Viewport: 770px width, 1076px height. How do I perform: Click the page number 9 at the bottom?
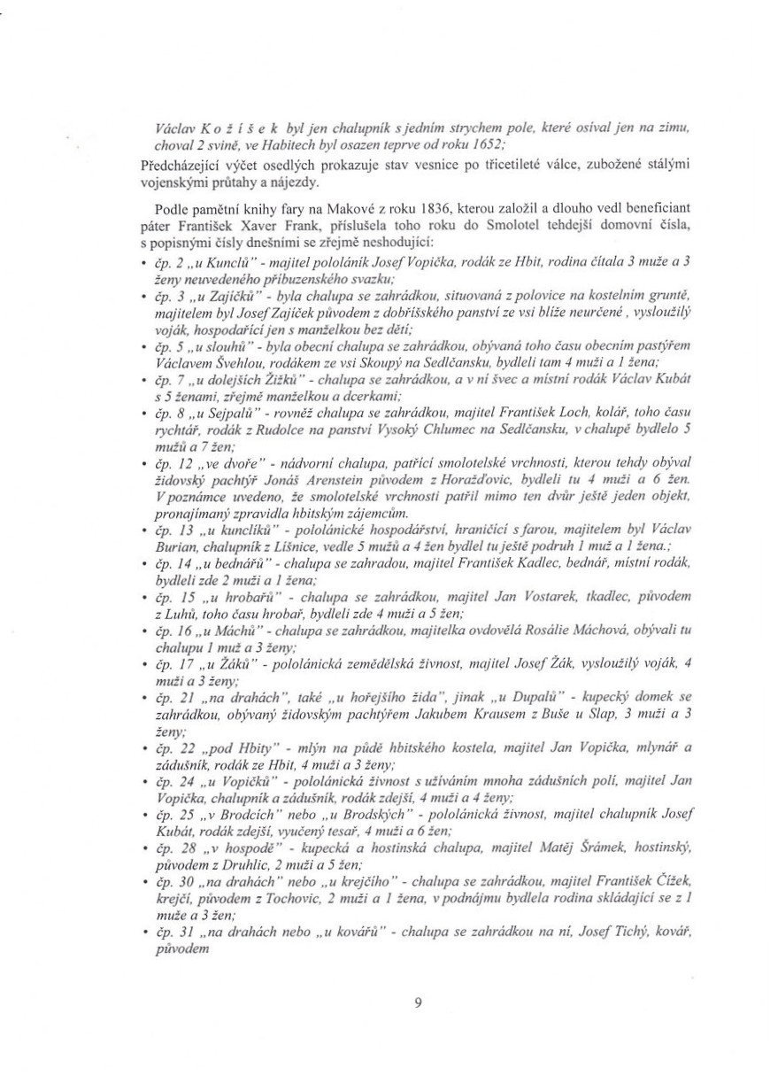[x=418, y=1002]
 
